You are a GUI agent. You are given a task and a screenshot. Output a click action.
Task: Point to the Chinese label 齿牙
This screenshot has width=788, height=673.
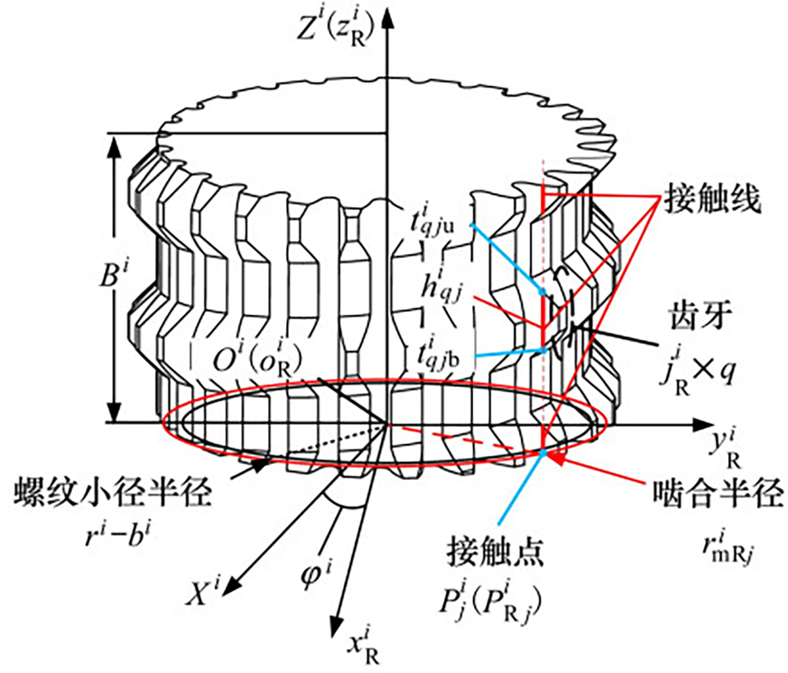[x=698, y=314]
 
